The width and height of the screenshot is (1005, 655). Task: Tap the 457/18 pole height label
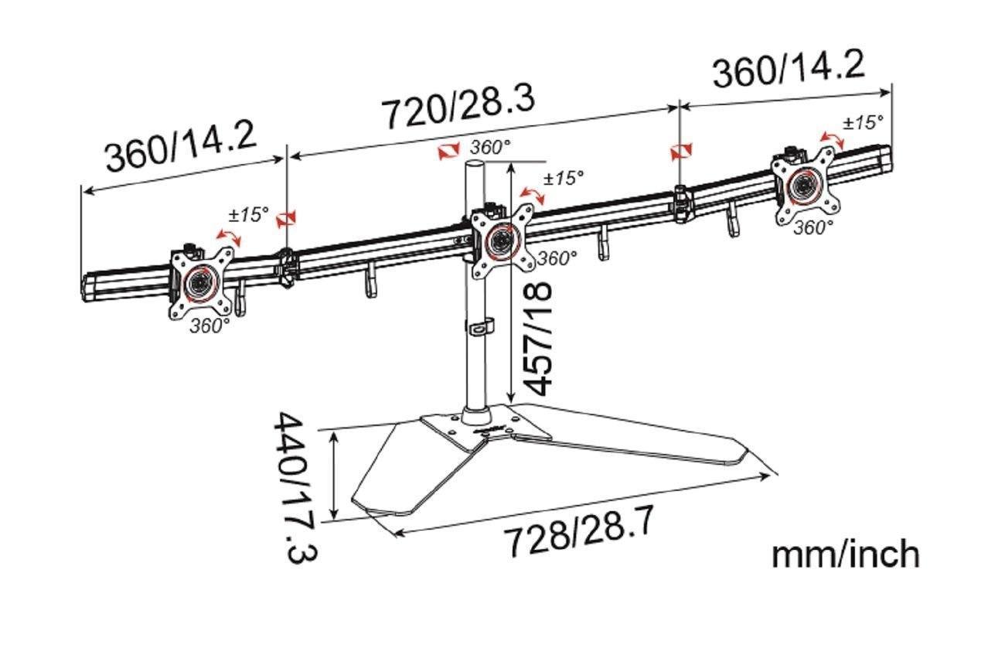click(x=535, y=338)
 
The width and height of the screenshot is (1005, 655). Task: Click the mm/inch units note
click(x=845, y=554)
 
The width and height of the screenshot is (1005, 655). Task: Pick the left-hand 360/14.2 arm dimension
click(x=181, y=145)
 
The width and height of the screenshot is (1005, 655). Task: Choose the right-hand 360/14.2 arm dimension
click(x=788, y=69)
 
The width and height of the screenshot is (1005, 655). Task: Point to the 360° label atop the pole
click(x=490, y=148)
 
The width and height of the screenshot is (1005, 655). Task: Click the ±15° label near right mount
click(x=862, y=121)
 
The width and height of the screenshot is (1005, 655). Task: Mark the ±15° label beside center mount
click(x=563, y=178)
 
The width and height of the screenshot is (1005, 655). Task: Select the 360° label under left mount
click(x=210, y=326)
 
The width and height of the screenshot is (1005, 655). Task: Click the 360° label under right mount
click(x=813, y=227)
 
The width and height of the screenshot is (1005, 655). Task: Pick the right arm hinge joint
click(x=681, y=203)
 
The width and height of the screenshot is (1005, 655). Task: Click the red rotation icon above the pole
click(x=448, y=151)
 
